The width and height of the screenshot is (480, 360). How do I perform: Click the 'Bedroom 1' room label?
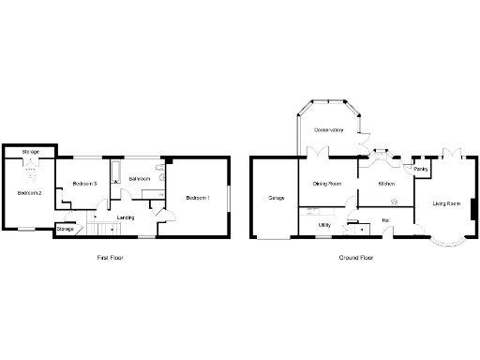coord(198,198)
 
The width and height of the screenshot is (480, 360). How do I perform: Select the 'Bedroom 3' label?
coord(85,184)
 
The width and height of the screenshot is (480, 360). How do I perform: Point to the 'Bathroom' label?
coord(141,178)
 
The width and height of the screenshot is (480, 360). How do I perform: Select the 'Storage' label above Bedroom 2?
coord(31,151)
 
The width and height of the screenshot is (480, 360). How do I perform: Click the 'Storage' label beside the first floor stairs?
coord(66,229)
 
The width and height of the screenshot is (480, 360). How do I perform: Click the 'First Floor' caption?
coord(111,257)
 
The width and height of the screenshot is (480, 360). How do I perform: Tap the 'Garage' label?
coord(276,199)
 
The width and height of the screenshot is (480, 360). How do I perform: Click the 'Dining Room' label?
coord(326,185)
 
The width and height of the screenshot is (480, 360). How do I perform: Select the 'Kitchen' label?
coord(386,185)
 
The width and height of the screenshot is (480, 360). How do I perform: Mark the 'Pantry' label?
coord(422,170)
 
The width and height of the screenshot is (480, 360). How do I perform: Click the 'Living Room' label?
coord(445,203)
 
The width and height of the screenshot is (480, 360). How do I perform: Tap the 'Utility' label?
coord(323,225)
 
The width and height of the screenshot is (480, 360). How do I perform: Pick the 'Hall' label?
coord(385,222)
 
